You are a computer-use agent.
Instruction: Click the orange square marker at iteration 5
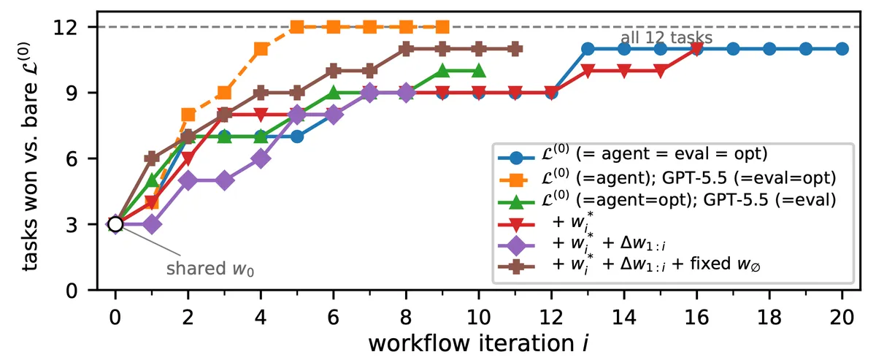click(x=297, y=27)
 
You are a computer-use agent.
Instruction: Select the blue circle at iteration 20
click(x=842, y=49)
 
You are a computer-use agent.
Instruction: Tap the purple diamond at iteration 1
click(x=152, y=224)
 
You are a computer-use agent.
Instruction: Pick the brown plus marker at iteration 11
click(x=515, y=49)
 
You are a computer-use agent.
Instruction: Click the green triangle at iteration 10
click(x=479, y=70)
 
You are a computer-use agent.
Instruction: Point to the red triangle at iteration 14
click(x=624, y=72)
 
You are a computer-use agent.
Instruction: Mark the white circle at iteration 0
click(x=115, y=224)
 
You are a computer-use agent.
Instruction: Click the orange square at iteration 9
click(x=442, y=27)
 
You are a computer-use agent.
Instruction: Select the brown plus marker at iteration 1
click(x=152, y=158)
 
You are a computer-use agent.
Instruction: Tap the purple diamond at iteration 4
click(x=261, y=158)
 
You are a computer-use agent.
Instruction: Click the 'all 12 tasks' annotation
click(x=666, y=38)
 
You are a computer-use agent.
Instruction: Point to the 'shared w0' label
click(x=210, y=269)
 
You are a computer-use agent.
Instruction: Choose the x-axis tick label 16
click(x=696, y=317)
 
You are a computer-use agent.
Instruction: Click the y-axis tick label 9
click(x=72, y=93)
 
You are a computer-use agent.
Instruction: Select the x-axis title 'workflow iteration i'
click(x=478, y=343)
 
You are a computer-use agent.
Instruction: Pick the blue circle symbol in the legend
click(x=516, y=158)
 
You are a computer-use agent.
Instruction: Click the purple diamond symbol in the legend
click(x=516, y=246)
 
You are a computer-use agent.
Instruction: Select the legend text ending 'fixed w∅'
click(x=656, y=264)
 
